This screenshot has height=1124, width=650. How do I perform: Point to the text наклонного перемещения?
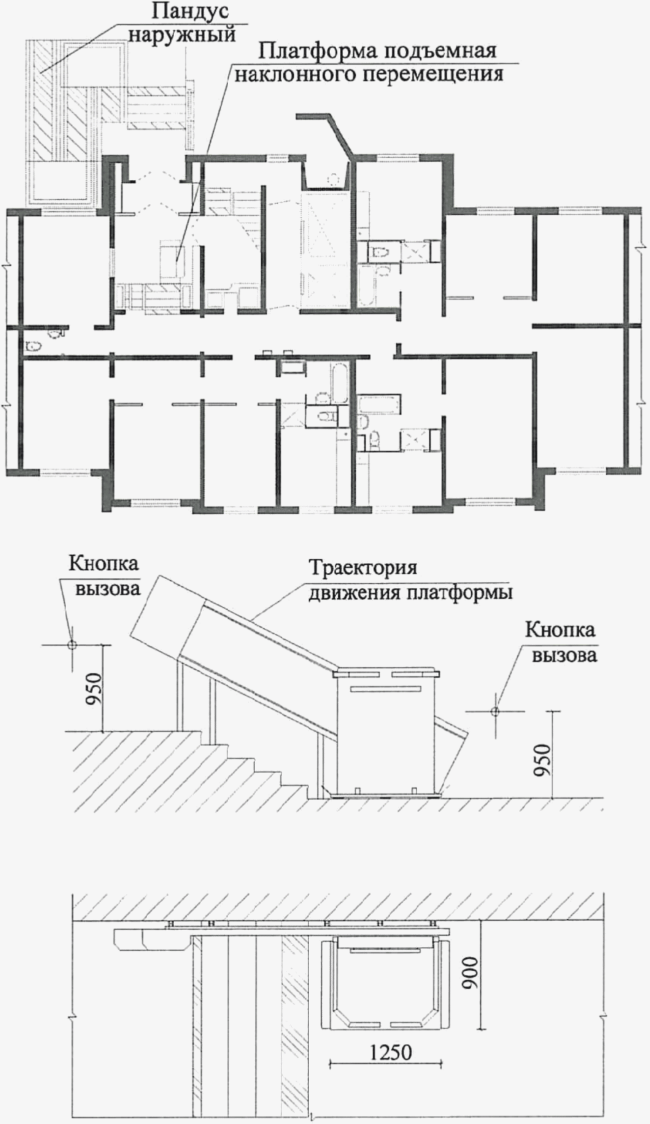pos(369,74)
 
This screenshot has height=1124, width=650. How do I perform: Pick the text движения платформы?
pos(411,593)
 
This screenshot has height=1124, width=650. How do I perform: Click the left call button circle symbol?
pos(72,645)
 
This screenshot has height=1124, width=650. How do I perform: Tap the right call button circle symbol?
pos(494,710)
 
